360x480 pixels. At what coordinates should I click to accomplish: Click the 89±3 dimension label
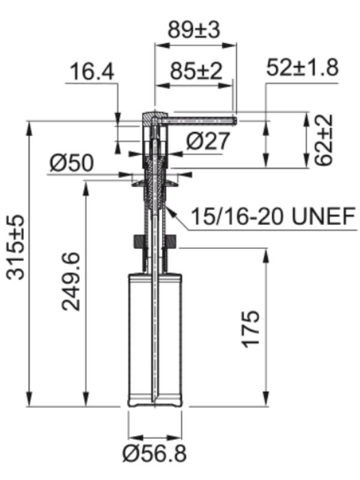coord(194,30)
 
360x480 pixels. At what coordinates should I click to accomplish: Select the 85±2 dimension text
coord(196,71)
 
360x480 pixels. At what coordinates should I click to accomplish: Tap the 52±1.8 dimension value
coord(302,67)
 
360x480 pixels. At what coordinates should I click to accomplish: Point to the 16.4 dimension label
coord(92,71)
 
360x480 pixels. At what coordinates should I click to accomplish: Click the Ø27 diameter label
coord(208,141)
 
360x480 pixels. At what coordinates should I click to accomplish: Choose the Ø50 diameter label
coord(71,163)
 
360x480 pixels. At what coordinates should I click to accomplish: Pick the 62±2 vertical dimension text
coord(323,140)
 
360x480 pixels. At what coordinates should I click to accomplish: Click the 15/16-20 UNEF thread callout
coord(274,216)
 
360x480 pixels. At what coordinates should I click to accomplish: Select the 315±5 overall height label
coord(16,247)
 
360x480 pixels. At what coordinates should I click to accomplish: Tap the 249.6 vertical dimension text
coord(71,281)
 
